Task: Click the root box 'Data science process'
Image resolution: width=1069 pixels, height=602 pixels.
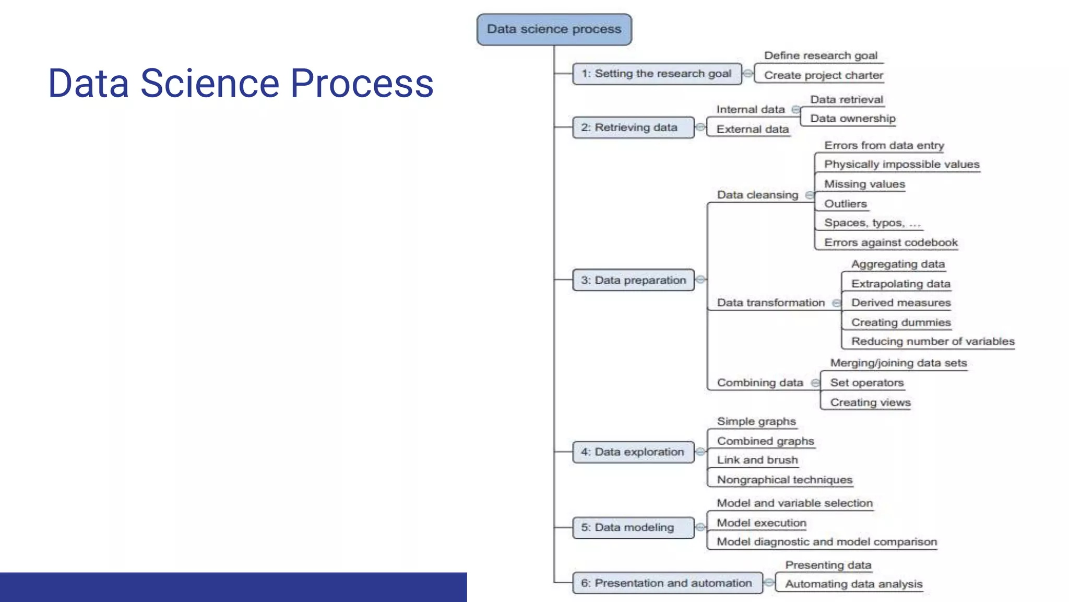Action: click(554, 29)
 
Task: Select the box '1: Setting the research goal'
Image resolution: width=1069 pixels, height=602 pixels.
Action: click(656, 74)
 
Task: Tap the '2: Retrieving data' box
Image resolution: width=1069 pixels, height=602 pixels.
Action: click(633, 128)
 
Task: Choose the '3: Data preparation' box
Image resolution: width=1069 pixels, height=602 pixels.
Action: click(633, 280)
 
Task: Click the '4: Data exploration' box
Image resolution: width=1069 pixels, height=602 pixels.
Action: click(633, 452)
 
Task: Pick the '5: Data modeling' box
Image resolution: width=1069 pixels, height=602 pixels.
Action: click(633, 527)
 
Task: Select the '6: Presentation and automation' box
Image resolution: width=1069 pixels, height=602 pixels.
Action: click(667, 583)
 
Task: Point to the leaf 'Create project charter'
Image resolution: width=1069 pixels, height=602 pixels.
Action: click(823, 75)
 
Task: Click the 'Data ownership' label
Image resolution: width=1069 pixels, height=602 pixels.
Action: click(852, 119)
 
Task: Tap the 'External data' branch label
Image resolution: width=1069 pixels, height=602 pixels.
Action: click(752, 129)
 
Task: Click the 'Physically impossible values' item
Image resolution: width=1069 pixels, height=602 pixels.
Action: click(901, 165)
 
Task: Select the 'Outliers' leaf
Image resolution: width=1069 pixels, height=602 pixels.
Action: click(845, 204)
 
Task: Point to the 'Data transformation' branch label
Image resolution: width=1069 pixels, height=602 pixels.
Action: click(770, 303)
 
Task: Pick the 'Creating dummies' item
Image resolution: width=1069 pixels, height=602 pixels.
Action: click(900, 322)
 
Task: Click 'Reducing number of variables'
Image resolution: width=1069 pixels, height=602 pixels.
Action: click(932, 341)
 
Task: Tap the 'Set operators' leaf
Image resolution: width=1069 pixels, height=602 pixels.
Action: click(866, 383)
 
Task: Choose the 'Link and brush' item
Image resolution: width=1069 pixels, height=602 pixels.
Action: click(757, 460)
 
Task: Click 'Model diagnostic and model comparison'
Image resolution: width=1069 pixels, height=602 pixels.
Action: click(826, 542)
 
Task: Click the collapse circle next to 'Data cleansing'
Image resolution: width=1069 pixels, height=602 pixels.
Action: click(809, 195)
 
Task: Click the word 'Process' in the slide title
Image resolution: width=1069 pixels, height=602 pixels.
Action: click(361, 84)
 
